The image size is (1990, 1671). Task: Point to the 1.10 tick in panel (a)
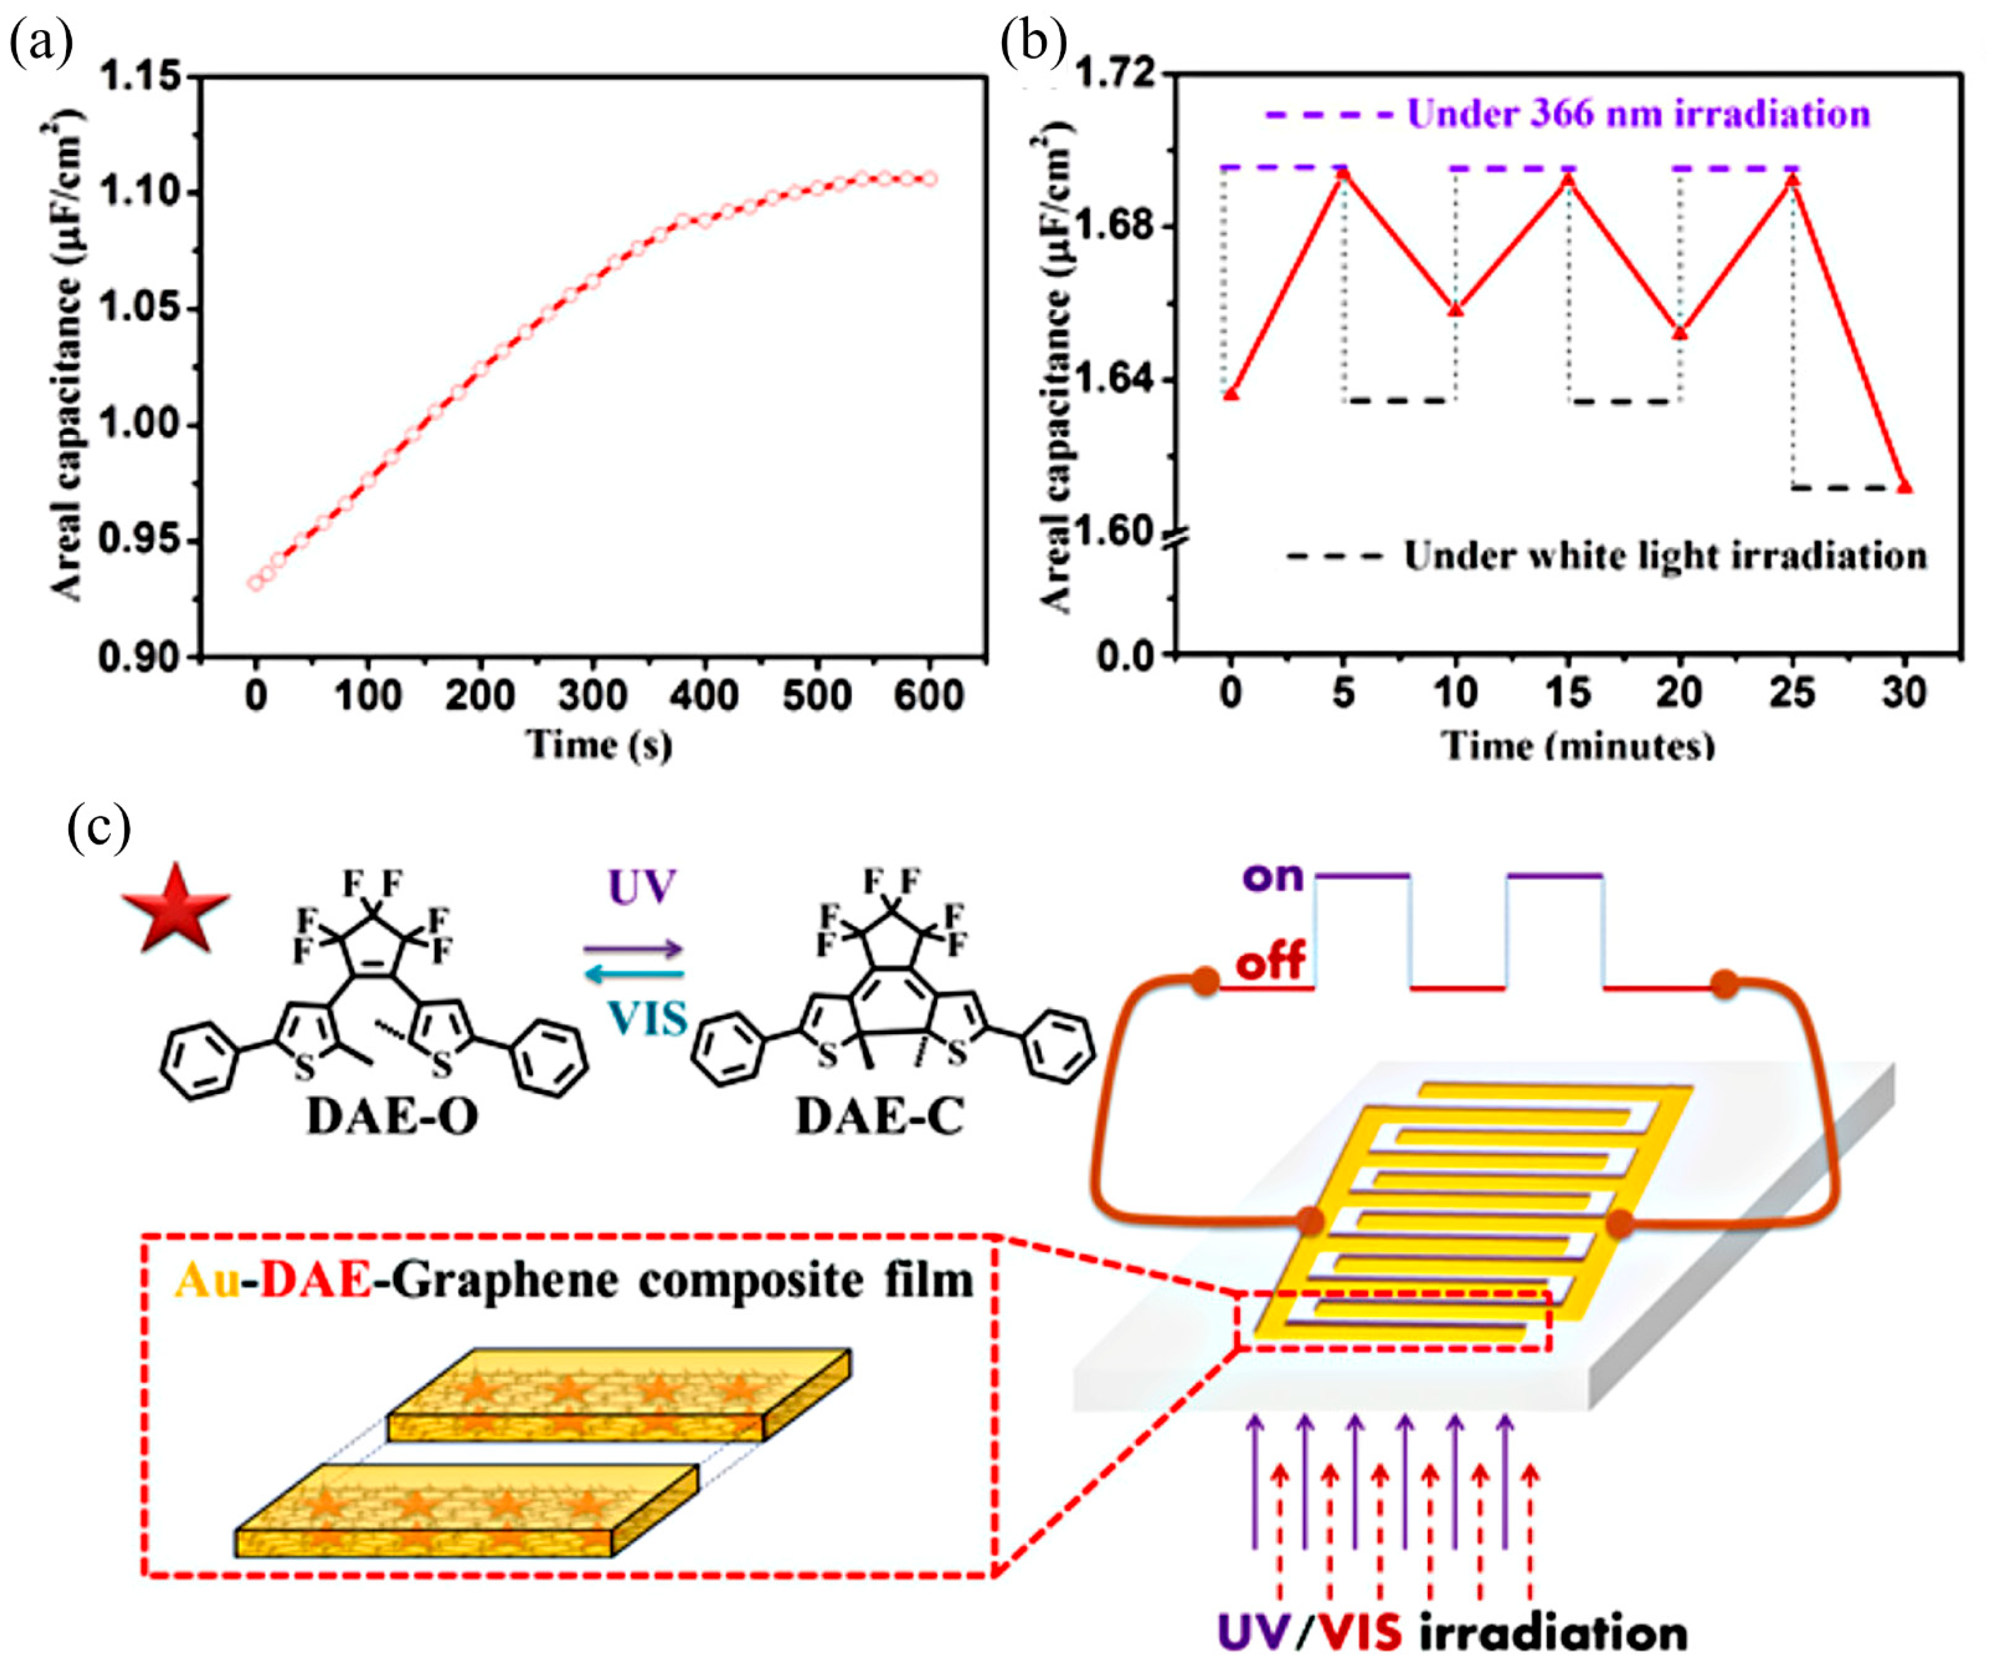[140, 192]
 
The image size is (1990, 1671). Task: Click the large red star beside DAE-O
[175, 908]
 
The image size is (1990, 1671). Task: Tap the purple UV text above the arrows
[642, 888]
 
